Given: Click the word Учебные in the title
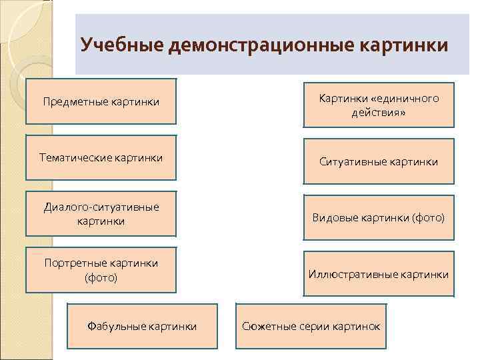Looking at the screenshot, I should click(x=123, y=45).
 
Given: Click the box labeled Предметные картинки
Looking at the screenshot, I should click(x=101, y=101).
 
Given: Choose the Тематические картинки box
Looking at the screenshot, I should click(x=101, y=158).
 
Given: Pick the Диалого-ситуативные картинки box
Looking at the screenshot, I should click(x=101, y=214).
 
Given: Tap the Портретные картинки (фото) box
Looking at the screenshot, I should click(x=101, y=270).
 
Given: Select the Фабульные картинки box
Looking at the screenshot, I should click(x=142, y=326).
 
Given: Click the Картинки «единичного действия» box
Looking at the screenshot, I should click(x=379, y=105).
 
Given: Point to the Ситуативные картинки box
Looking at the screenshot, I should click(x=379, y=161).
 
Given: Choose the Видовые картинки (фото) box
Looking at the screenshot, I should click(x=379, y=218).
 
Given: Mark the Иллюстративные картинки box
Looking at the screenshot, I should click(x=379, y=274).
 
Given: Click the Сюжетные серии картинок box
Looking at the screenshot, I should click(x=311, y=326).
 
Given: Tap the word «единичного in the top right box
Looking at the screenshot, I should click(x=403, y=99).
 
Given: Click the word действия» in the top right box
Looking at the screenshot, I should click(x=379, y=113).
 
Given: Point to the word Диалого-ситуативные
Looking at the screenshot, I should click(x=101, y=207).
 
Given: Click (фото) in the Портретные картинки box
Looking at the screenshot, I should click(x=101, y=277).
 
